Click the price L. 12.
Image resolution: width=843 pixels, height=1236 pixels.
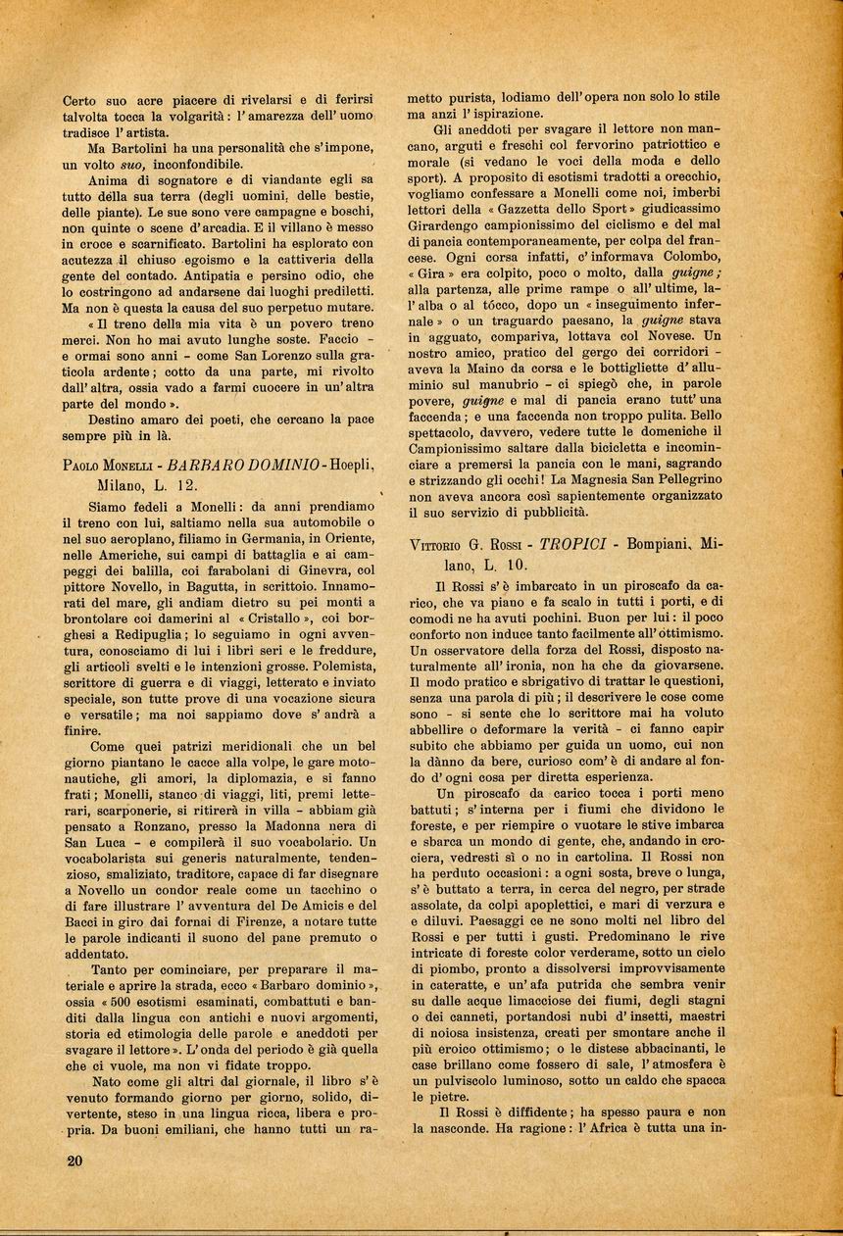[174, 484]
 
